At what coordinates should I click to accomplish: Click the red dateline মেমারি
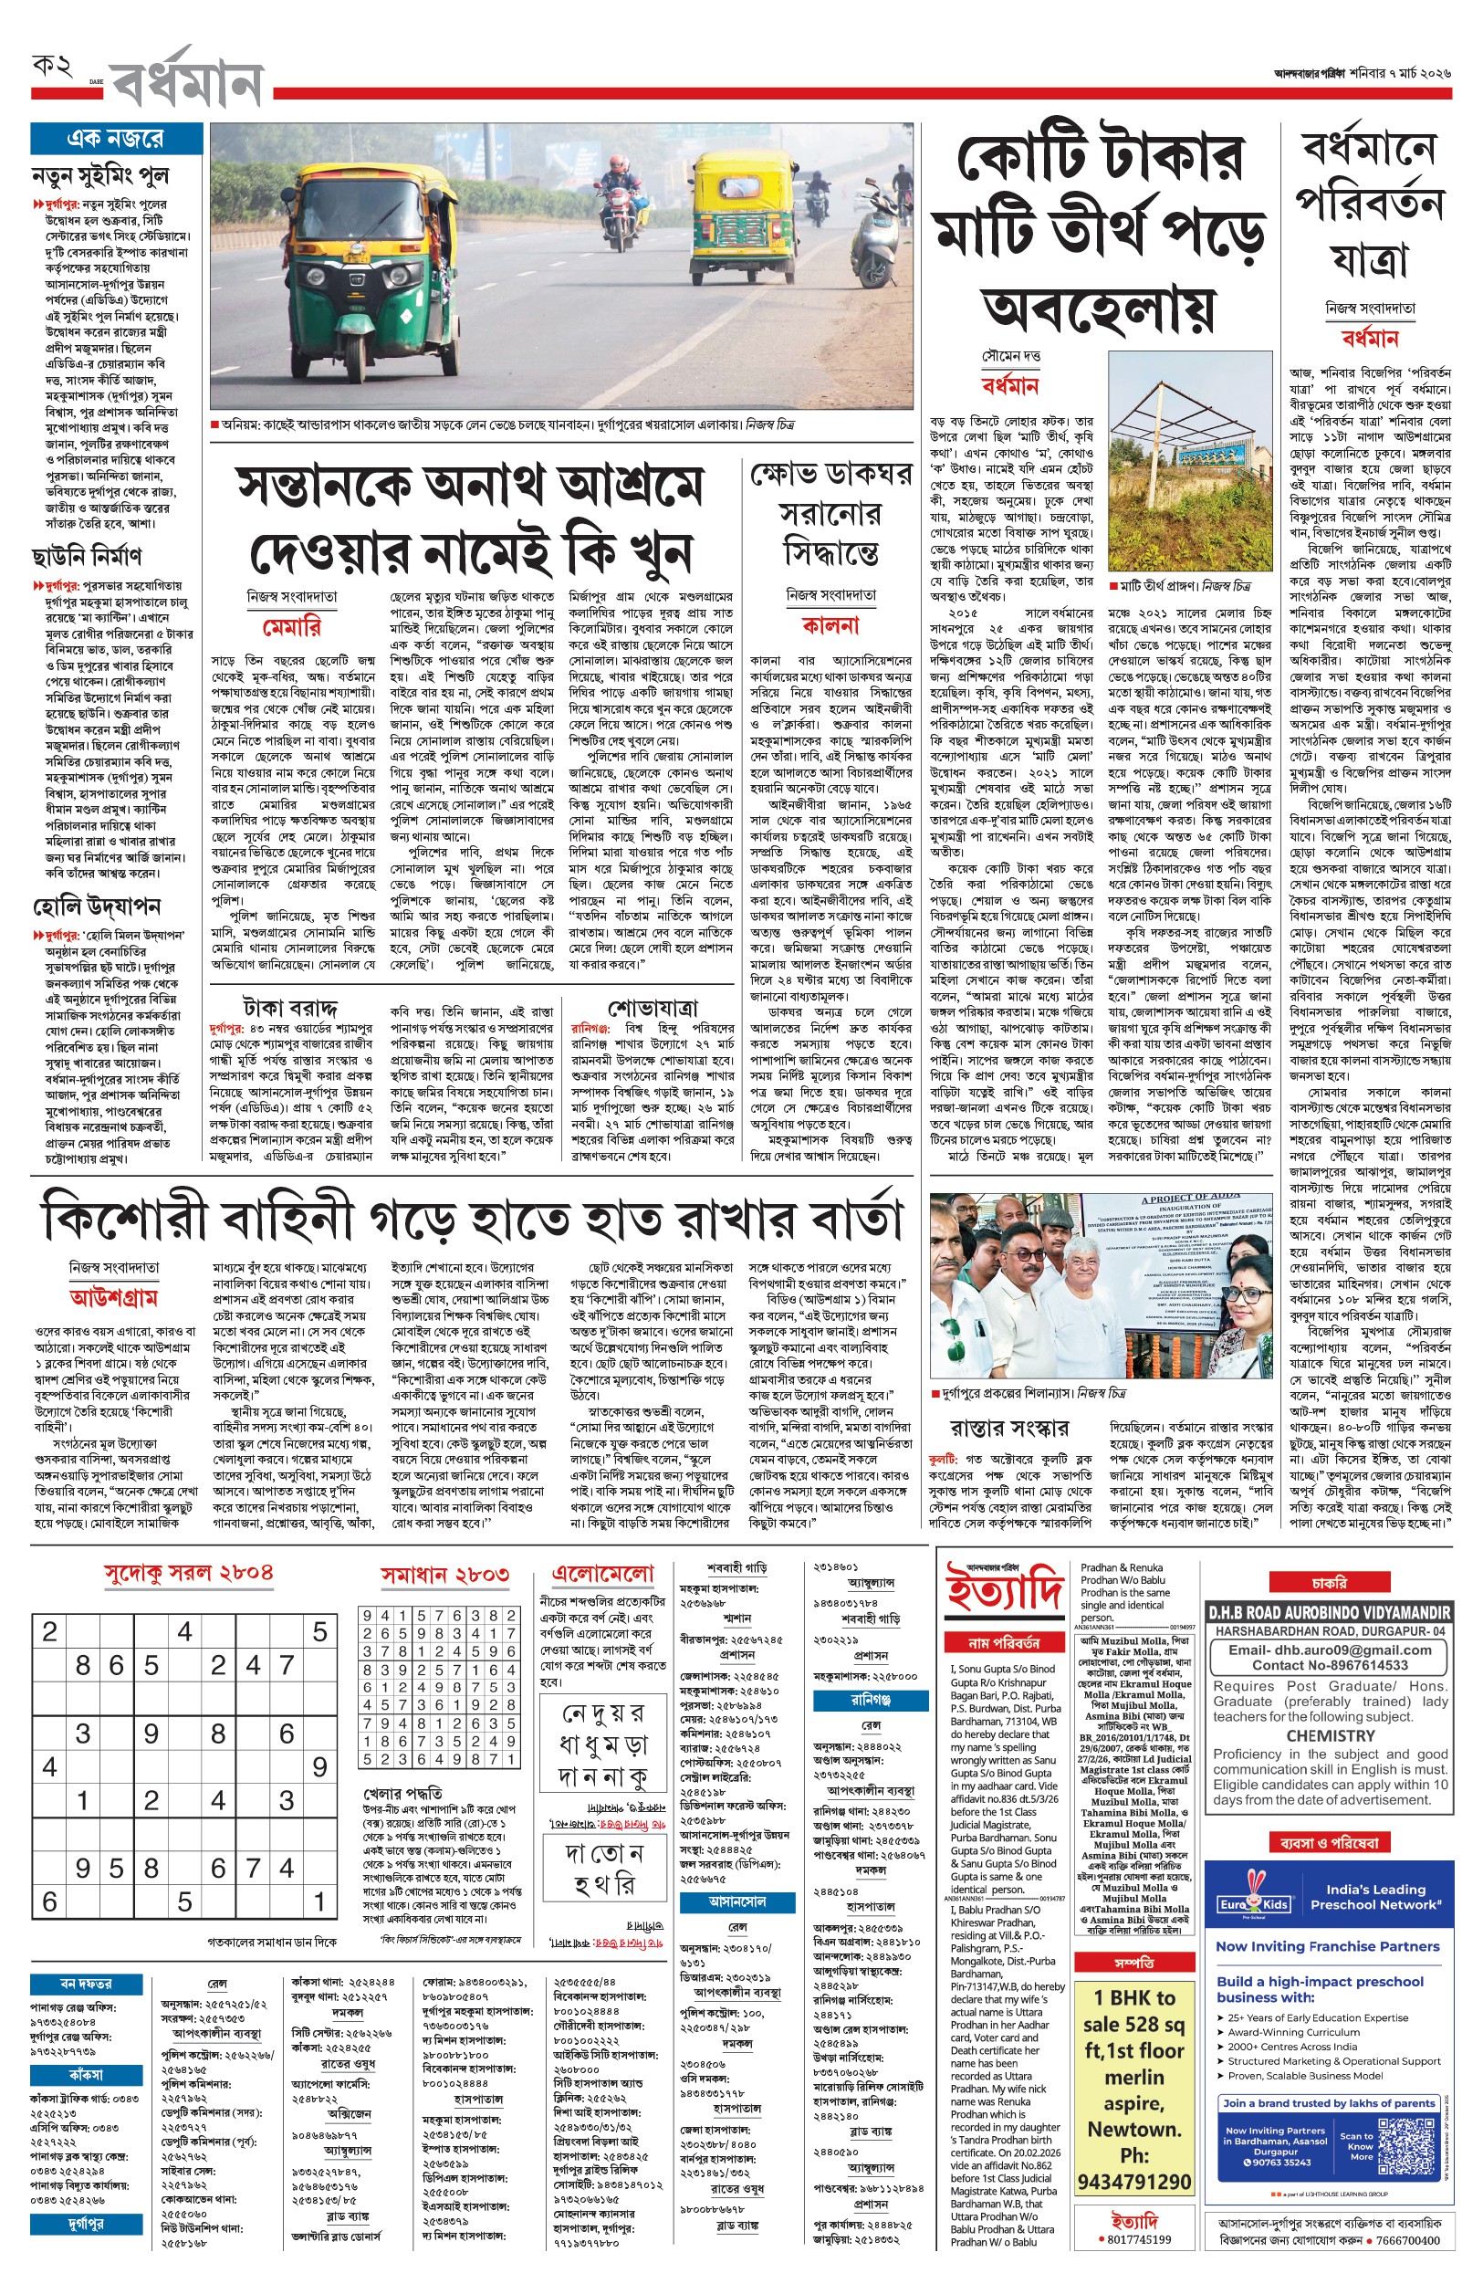(x=292, y=627)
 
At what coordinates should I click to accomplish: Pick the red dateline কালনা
(x=830, y=625)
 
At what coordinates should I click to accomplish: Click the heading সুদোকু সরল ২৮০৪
(x=189, y=1573)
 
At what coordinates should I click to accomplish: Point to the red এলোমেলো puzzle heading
(x=603, y=1574)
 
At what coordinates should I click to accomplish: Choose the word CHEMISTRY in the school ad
(x=1330, y=1734)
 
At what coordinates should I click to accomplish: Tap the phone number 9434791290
(x=1133, y=2182)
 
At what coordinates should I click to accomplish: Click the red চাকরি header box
(x=1329, y=1582)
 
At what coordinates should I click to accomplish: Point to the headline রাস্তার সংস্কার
(x=1008, y=1428)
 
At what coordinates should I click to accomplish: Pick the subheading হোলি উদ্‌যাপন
(x=97, y=906)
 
